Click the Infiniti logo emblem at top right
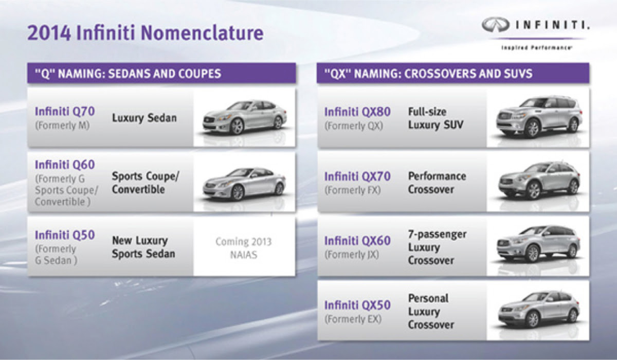(496, 25)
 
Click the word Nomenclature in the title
(202, 33)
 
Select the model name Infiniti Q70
(65, 111)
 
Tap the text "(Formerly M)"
(62, 125)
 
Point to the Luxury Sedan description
(144, 118)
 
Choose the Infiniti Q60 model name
(65, 165)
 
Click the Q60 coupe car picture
(244, 184)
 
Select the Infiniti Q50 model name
(65, 235)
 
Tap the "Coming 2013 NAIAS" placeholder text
(244, 248)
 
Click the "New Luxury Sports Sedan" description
(143, 247)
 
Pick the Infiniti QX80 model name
(357, 112)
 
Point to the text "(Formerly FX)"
(353, 190)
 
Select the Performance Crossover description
(437, 183)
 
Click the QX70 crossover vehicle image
(539, 181)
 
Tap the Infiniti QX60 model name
(357, 241)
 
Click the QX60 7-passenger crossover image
(538, 244)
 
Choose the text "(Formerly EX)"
(353, 319)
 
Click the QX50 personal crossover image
(539, 310)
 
